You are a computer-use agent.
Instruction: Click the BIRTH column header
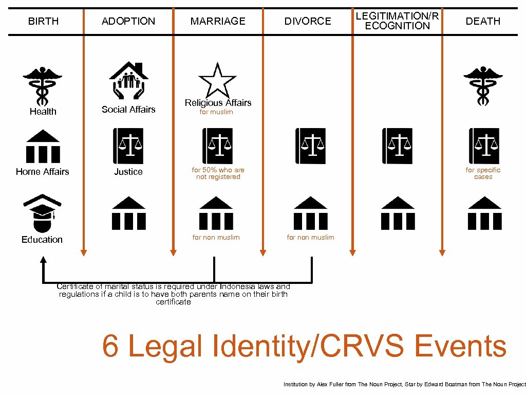pos(43,21)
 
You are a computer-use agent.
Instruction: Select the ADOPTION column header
pos(128,21)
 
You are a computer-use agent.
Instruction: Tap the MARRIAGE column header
pos(218,21)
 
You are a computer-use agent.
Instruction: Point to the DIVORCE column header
pos(308,21)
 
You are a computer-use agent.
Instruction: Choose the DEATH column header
pos(483,21)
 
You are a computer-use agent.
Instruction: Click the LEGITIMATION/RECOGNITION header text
pos(398,21)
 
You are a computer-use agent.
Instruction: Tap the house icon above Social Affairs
pos(128,80)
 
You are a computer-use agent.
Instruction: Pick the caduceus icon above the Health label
pos(43,86)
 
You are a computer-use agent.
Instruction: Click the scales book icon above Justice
pos(128,146)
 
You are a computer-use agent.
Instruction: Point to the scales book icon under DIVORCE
pos(310,146)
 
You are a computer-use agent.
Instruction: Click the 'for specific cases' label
pos(483,173)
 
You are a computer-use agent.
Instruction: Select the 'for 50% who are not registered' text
pos(218,173)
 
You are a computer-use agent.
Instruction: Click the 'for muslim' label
pos(216,112)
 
